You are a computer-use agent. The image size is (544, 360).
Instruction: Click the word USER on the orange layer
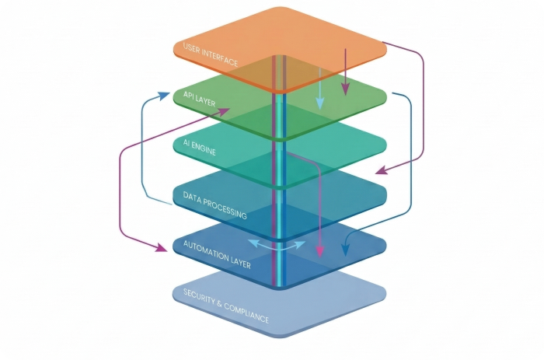click(x=191, y=49)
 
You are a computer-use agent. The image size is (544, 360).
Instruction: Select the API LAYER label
click(x=200, y=99)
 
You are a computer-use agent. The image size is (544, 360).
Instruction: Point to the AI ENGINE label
click(x=200, y=147)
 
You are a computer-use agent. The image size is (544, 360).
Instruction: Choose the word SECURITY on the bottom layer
click(x=199, y=298)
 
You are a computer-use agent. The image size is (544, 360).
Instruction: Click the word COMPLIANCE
click(x=246, y=313)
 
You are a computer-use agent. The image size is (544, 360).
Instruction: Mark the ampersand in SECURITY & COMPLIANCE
click(x=219, y=305)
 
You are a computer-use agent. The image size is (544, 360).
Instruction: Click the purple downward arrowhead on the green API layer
click(x=345, y=89)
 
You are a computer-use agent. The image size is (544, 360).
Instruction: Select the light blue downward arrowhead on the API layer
click(x=319, y=103)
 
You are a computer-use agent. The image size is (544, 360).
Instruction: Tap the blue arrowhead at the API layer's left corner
click(x=163, y=95)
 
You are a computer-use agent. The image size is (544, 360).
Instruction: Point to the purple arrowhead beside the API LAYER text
click(x=223, y=111)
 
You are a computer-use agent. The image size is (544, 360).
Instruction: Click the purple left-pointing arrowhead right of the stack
click(x=382, y=170)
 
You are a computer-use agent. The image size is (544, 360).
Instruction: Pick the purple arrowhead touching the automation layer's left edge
click(x=161, y=247)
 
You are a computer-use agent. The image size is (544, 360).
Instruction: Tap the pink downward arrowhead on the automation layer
click(x=319, y=252)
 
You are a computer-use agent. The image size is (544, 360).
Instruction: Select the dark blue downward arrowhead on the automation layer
click(x=345, y=250)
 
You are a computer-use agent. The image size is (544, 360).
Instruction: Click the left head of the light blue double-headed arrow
click(x=253, y=243)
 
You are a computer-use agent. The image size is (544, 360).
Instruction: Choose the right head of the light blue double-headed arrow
click(x=300, y=245)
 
